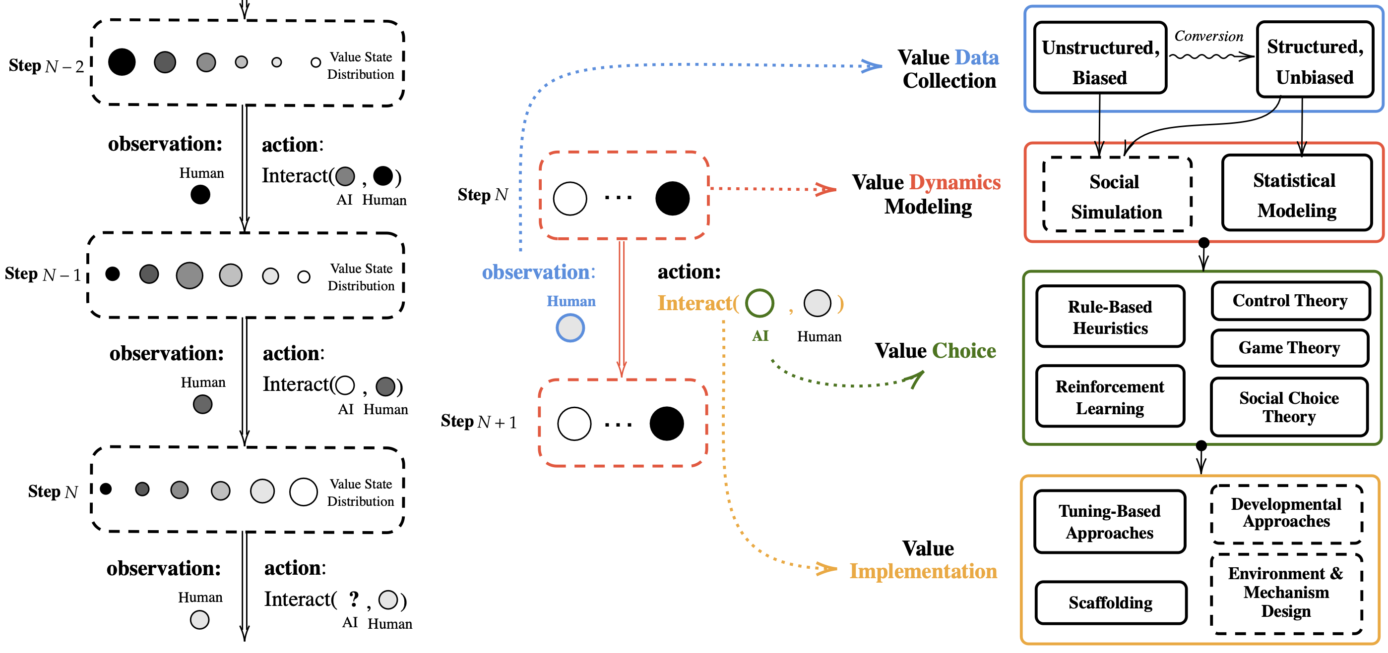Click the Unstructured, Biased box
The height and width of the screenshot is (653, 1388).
click(1100, 58)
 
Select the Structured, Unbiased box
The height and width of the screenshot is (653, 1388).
click(1315, 59)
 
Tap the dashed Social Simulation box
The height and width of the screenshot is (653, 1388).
click(1117, 195)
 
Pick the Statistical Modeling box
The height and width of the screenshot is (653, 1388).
click(1296, 193)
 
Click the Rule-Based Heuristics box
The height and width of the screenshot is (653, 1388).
click(1110, 317)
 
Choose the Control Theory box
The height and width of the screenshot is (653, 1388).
click(1290, 300)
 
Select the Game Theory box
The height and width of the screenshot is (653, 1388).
click(1289, 348)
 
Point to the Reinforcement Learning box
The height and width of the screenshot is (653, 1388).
click(1110, 397)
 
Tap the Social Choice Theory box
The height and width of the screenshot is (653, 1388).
click(1289, 406)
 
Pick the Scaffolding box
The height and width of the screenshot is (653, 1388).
click(1111, 602)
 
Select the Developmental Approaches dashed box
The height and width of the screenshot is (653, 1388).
click(1286, 513)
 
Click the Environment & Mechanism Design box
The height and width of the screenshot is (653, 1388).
click(1286, 592)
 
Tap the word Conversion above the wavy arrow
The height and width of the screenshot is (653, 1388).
click(1208, 36)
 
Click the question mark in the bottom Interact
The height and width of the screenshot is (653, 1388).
click(354, 598)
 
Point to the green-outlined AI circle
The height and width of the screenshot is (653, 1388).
click(760, 303)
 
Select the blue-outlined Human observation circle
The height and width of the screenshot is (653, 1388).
click(570, 328)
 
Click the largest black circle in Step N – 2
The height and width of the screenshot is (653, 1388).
click(122, 62)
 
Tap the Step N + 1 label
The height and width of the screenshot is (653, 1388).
click(479, 422)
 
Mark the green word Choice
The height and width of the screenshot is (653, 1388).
click(964, 351)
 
